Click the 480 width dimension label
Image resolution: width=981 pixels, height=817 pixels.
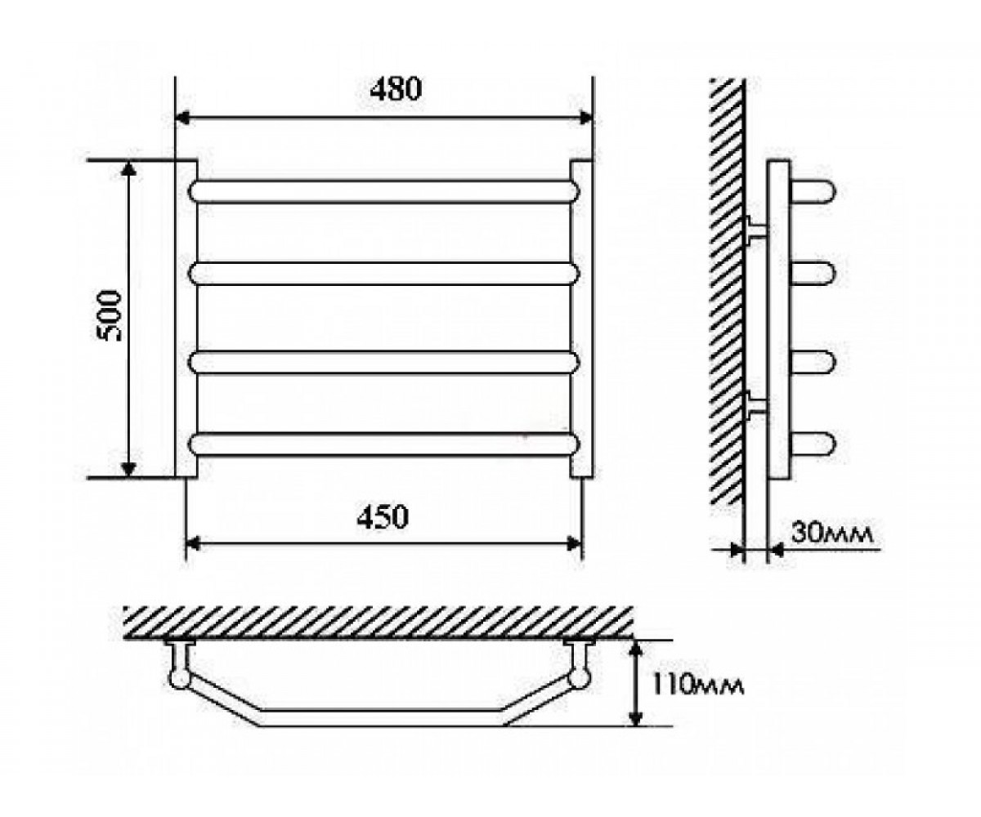[x=396, y=89]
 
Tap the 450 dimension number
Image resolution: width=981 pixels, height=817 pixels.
[x=383, y=516]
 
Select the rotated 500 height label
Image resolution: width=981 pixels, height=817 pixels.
[x=109, y=315]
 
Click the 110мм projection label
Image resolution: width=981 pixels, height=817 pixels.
[x=697, y=687]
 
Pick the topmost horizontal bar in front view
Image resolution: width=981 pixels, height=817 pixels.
[x=384, y=191]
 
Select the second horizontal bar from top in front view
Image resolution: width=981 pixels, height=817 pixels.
[x=384, y=273]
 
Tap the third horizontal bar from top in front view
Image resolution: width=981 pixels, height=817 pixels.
[x=384, y=363]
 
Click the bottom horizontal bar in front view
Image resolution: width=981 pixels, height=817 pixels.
[x=384, y=444]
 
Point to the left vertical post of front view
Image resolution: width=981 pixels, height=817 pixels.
[x=186, y=319]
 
